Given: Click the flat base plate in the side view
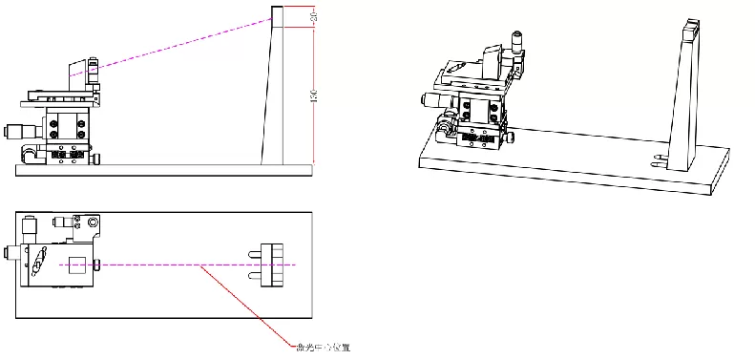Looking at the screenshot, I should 162,169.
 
